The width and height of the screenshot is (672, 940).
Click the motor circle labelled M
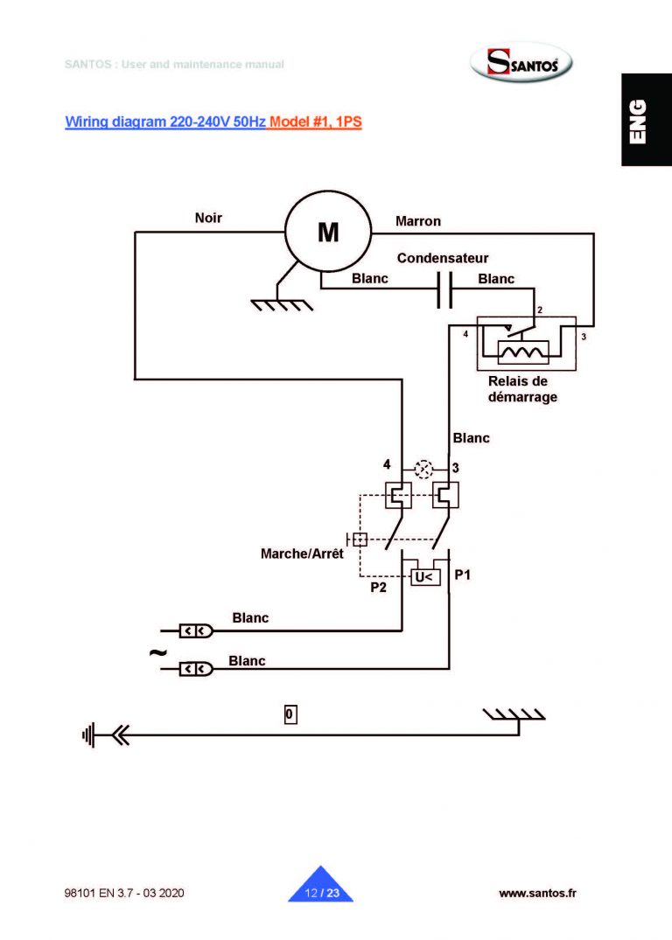coord(328,233)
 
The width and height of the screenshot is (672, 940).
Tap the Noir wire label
coord(208,219)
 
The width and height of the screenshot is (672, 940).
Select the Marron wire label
coord(418,221)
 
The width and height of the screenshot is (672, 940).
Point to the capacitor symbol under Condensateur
coord(444,290)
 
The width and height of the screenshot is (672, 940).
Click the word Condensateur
coord(443,259)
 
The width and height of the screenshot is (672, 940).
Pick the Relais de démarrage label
coord(522,388)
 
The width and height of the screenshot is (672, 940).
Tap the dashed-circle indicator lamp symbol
coord(424,468)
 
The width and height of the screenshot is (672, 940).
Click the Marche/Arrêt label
coord(302,554)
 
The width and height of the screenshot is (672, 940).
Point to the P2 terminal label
coord(378,588)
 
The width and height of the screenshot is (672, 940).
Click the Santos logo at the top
coord(528,64)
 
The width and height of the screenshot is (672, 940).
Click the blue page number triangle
coord(320,887)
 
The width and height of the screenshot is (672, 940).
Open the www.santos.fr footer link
coord(537,893)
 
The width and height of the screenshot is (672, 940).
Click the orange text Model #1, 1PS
coord(316,122)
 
